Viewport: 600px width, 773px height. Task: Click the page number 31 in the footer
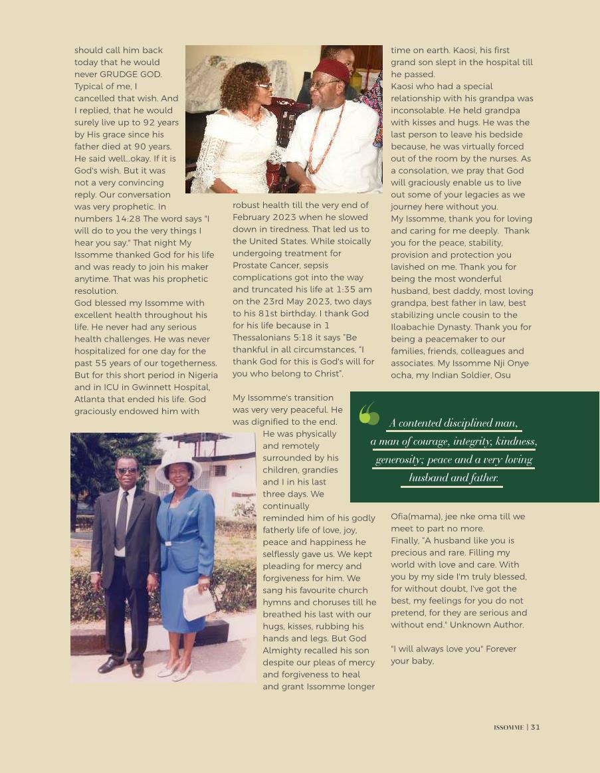point(536,727)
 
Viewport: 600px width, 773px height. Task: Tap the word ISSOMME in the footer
point(508,727)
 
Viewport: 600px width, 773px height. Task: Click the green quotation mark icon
point(369,413)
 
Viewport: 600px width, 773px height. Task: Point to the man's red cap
point(332,68)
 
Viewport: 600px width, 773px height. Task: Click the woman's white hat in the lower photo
point(178,463)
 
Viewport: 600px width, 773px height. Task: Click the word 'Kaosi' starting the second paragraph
point(404,86)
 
